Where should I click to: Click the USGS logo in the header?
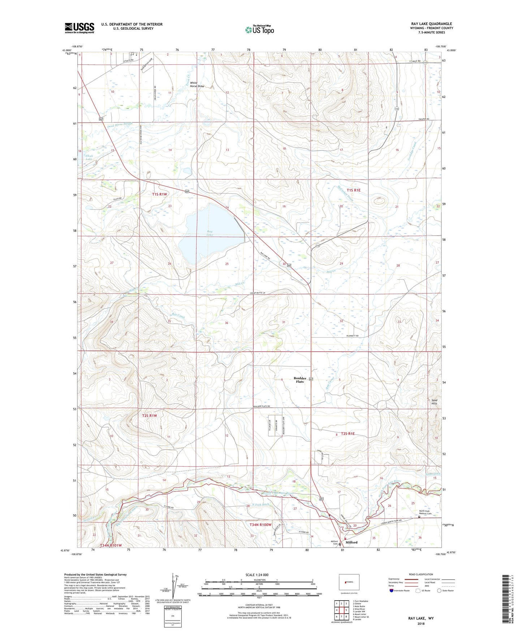[x=79, y=28]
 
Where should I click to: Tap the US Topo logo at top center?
[x=259, y=30]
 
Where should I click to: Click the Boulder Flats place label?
[x=300, y=380]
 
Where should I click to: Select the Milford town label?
[x=351, y=542]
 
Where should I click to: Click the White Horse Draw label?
[x=197, y=85]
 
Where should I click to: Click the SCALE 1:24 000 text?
[x=257, y=575]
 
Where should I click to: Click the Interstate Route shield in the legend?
[x=392, y=591]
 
